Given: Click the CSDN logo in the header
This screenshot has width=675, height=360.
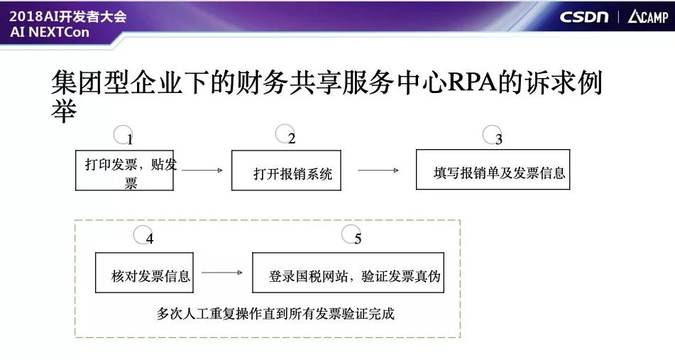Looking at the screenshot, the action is (583, 17).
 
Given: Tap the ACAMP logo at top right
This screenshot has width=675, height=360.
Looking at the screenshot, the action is (647, 17).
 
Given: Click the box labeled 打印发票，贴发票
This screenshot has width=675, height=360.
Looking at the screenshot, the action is (125, 170).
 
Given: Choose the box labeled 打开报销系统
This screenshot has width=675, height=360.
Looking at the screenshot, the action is (286, 170).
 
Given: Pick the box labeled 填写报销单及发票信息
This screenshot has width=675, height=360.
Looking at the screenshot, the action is (493, 170).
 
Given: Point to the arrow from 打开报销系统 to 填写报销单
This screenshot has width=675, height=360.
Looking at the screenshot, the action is (378, 170).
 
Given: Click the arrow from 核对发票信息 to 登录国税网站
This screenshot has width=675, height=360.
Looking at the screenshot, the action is (222, 273).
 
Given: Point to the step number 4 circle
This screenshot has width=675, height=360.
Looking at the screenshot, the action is (143, 235).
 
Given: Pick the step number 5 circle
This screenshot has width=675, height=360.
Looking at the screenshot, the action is (351, 235).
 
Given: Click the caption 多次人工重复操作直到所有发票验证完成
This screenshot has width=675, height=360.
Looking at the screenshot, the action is (275, 313).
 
